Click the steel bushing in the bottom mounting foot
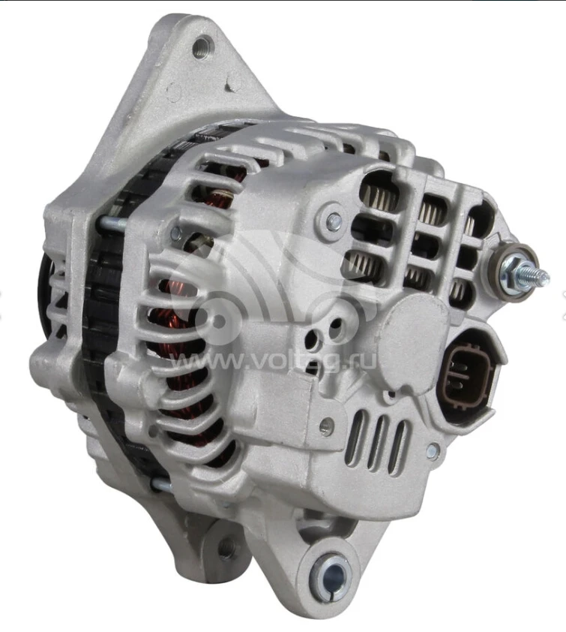[331, 575]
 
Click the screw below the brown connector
[433, 450]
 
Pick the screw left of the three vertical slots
[326, 426]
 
